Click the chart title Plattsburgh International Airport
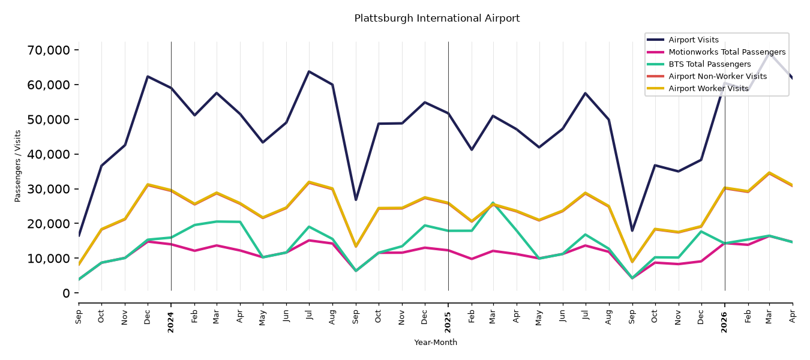click(437, 18)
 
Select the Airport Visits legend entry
click(693, 40)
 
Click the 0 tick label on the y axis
click(66, 293)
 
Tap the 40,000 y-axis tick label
click(49, 154)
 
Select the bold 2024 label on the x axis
click(170, 322)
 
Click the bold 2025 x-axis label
click(448, 322)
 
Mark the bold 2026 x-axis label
click(724, 322)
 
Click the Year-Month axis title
click(436, 342)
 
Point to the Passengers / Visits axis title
click(18, 166)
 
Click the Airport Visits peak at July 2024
click(309, 71)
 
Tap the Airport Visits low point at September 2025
click(632, 230)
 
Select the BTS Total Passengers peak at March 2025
click(493, 203)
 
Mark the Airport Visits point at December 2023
click(148, 76)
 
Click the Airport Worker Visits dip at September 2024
click(356, 246)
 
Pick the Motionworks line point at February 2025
click(471, 259)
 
